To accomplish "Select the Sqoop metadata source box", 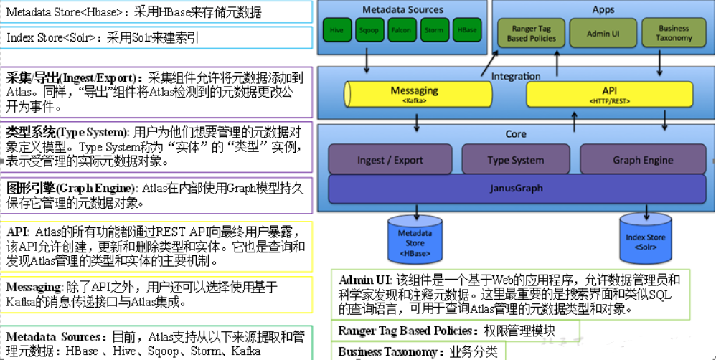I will tap(369, 31).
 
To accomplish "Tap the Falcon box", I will tap(400, 31).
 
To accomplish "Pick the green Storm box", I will tap(433, 31).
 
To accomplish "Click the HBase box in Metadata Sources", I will tap(466, 31).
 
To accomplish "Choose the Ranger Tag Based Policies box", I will tap(531, 34).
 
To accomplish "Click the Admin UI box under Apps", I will tap(603, 34).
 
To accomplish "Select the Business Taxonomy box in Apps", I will tap(673, 34).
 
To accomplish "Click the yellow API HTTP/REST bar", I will tap(609, 94).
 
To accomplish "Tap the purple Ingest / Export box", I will tap(390, 160).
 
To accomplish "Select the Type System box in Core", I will tap(515, 160).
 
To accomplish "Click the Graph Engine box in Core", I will tap(642, 160).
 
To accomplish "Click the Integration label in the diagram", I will tap(516, 76).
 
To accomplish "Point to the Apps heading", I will tap(603, 10).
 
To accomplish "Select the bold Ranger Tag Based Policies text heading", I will tap(405, 331).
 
